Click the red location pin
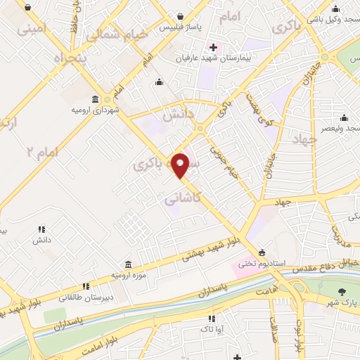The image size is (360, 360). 181,165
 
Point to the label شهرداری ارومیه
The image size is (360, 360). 95,110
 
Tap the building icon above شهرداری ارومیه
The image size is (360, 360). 95,99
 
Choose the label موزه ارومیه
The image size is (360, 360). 127,275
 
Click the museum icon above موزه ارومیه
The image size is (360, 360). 127,264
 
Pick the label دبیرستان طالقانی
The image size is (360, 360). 86,297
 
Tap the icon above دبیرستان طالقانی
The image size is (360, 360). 86,286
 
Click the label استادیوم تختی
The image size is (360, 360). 262,264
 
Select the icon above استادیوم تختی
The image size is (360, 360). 262,252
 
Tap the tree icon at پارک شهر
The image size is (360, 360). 342,292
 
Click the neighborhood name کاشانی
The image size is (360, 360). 184,200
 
